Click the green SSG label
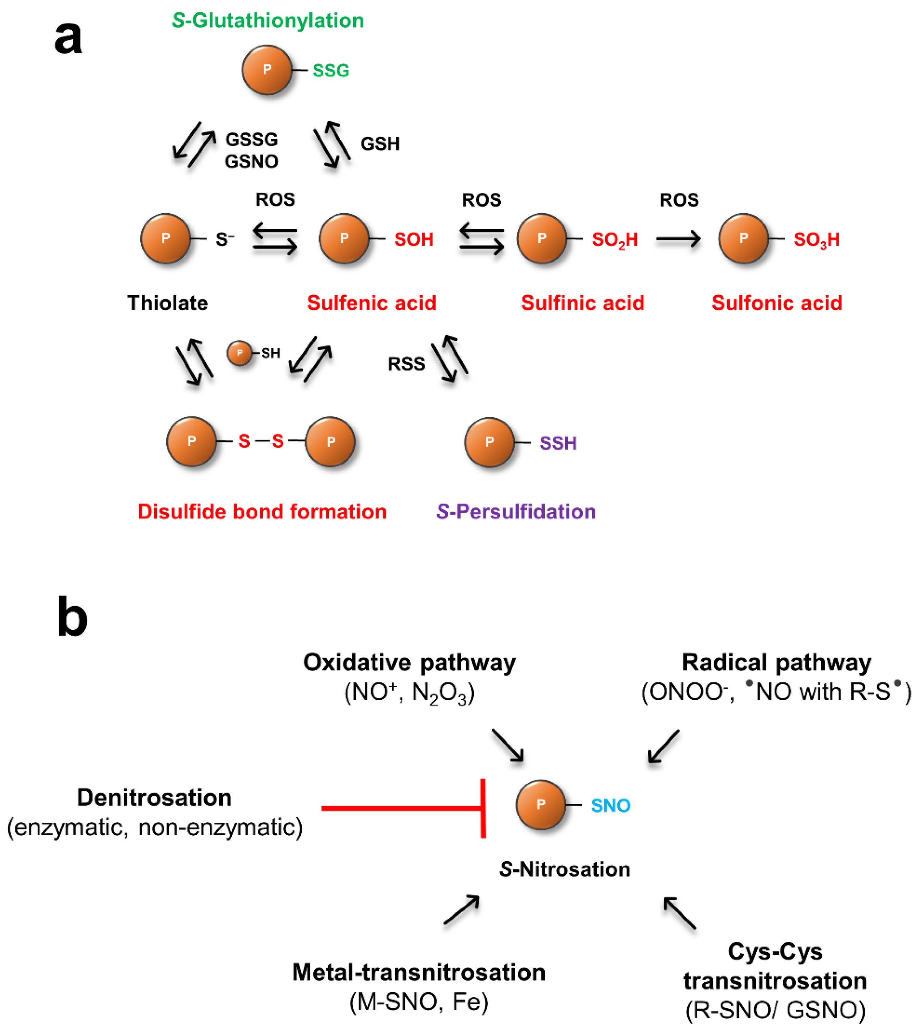331,71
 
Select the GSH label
379,144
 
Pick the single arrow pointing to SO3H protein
678,239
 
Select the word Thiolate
167,303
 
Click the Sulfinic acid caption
582,303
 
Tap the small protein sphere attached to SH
240,353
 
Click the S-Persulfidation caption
516,512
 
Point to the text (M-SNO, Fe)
418,1002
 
